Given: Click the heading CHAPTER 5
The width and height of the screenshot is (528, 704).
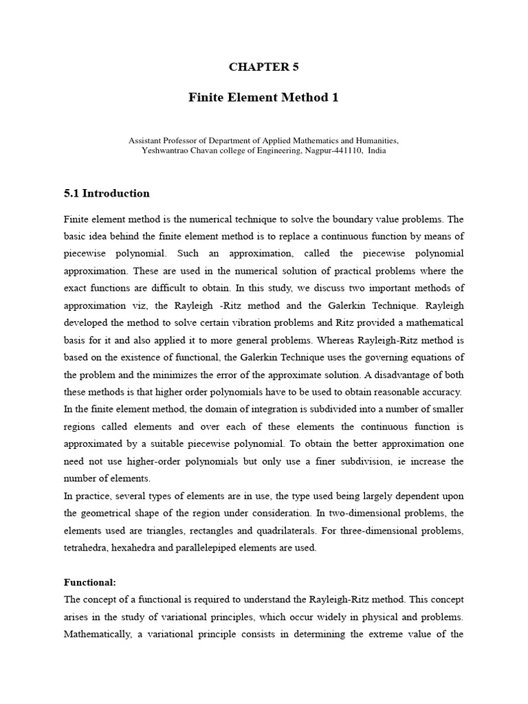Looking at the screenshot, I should click(263, 67).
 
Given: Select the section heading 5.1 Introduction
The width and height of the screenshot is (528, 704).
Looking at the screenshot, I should click(107, 193).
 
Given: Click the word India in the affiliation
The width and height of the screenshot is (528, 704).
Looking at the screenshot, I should click(377, 151).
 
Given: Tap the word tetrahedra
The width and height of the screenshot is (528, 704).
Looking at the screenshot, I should click(87, 547).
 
